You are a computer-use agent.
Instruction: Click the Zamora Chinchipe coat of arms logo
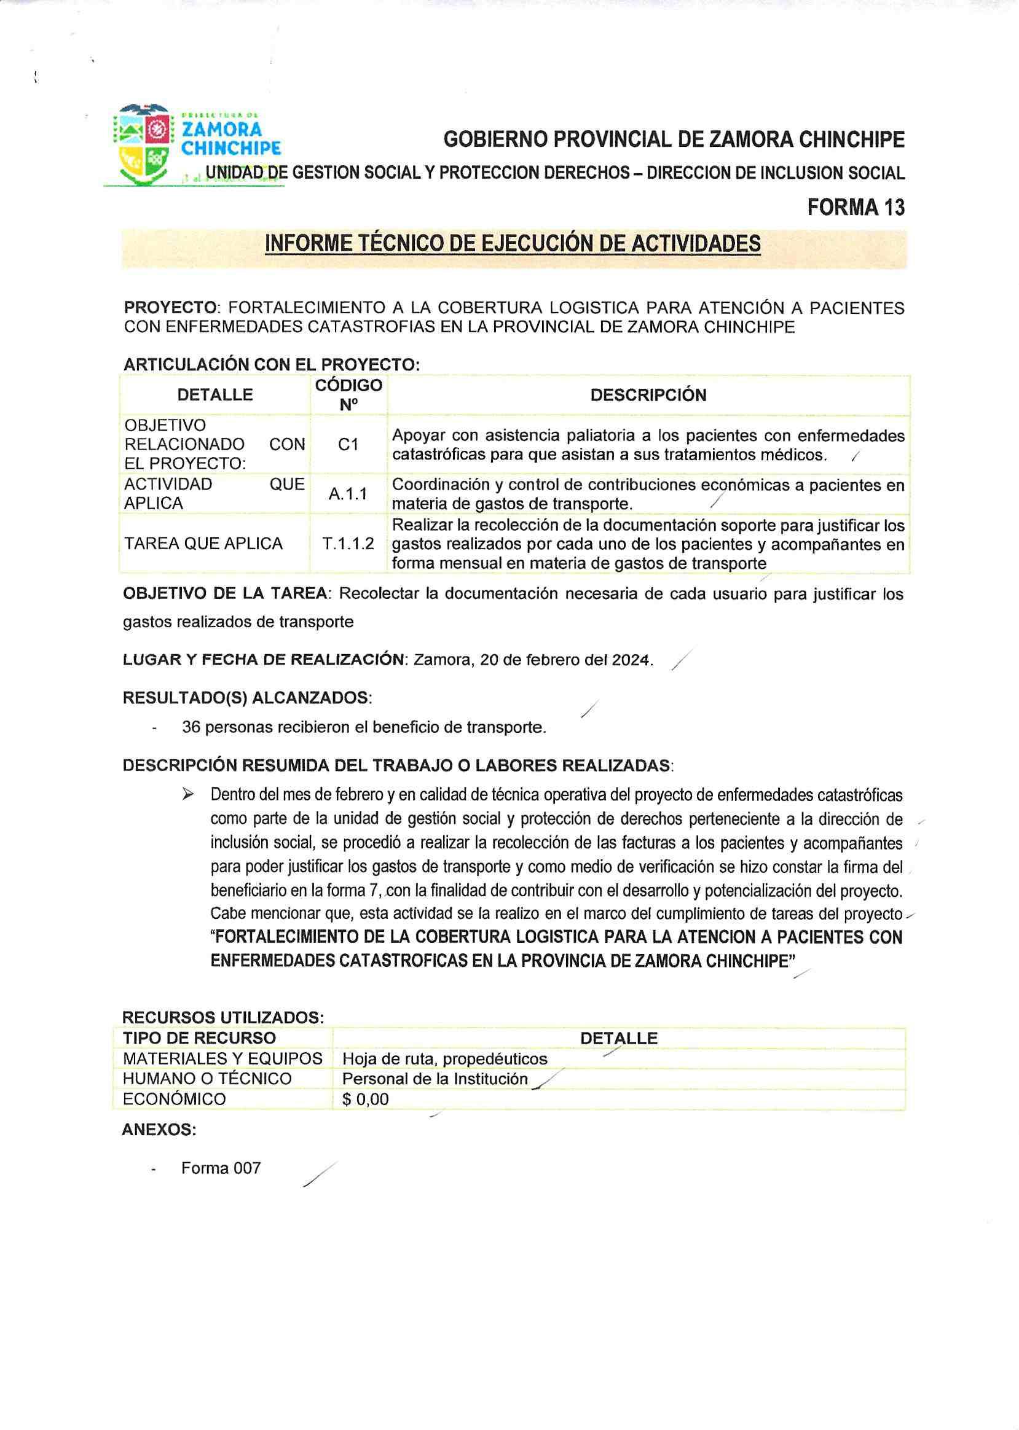[x=143, y=144]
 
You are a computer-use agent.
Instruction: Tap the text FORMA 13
[x=856, y=207]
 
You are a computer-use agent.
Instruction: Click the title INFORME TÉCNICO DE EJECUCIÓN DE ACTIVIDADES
[x=513, y=243]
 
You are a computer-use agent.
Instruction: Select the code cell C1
[x=348, y=445]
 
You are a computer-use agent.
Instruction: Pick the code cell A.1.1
[x=348, y=494]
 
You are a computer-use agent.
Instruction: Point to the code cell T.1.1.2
[x=348, y=544]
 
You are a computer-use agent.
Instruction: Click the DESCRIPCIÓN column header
[x=648, y=395]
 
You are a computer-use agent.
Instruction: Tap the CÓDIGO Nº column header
[x=348, y=395]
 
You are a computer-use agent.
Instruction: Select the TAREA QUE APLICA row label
[x=203, y=544]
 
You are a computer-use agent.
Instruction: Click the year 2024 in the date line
[x=632, y=660]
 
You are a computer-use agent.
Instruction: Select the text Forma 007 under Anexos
[x=221, y=1168]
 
